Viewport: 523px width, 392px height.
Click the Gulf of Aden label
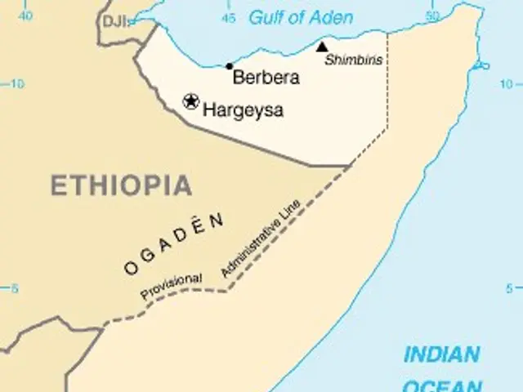pos(301,17)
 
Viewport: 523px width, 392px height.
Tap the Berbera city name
pos(266,78)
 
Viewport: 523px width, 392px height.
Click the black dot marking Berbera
pos(230,66)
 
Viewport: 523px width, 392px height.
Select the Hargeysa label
pos(243,109)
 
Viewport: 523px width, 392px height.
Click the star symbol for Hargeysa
pos(191,101)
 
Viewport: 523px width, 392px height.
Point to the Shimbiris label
pos(347,60)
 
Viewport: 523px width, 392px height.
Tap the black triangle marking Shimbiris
pos(322,47)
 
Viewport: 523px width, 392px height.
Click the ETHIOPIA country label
pos(122,185)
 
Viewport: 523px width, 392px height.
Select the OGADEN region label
pos(174,243)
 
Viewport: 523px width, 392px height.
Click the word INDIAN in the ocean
pos(441,355)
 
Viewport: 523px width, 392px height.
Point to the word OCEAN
pos(442,385)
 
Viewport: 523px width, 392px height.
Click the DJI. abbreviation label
pos(115,22)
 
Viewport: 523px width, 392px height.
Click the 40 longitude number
pos(26,16)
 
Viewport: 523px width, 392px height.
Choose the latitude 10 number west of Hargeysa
pos(17,82)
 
